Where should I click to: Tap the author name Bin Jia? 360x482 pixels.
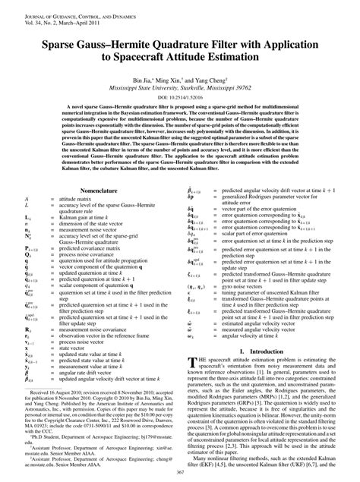(148, 78)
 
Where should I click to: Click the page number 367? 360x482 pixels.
(180, 472)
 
